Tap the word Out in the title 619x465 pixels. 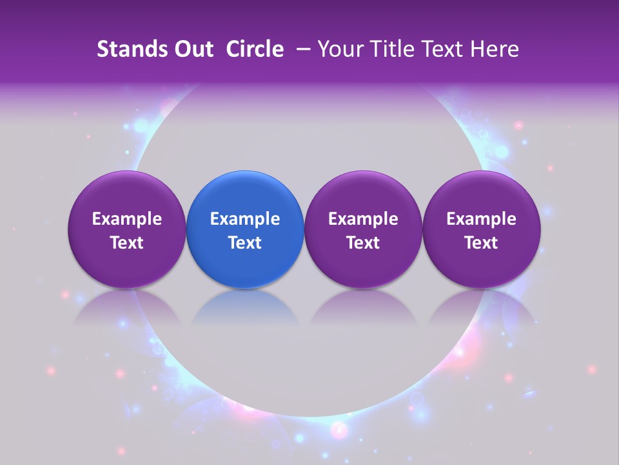[193, 49]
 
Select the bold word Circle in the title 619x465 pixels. [255, 49]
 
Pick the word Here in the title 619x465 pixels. [493, 49]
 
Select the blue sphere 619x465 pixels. [244, 229]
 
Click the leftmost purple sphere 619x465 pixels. [126, 229]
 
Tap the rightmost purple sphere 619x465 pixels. [481, 229]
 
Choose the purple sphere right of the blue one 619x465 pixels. [363, 229]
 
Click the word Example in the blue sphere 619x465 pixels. [245, 219]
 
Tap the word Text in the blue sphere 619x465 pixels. [245, 243]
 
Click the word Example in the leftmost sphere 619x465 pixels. [127, 219]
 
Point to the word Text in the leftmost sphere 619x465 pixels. [127, 243]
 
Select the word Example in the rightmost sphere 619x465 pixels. [481, 219]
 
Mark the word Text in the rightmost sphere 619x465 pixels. [481, 243]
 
